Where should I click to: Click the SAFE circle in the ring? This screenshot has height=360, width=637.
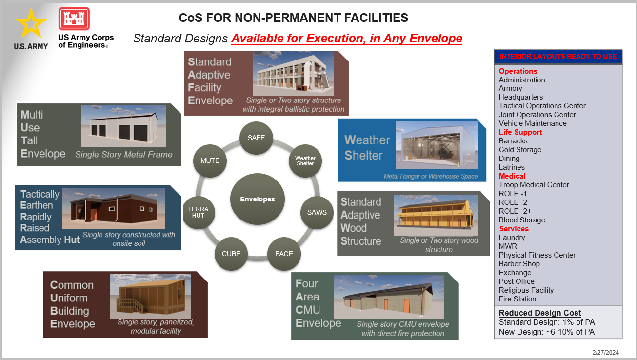(256, 138)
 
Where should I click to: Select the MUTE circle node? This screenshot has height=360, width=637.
(210, 160)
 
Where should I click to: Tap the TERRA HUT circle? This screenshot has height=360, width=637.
(198, 212)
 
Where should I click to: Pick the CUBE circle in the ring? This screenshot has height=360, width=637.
(231, 254)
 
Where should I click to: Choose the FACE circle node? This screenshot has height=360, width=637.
(284, 254)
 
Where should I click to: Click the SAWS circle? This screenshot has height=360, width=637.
(317, 212)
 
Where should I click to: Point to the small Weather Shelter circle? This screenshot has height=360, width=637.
(305, 161)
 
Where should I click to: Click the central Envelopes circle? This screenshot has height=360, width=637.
(257, 199)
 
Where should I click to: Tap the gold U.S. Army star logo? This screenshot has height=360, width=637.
(31, 23)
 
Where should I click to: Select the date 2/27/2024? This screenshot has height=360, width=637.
(605, 352)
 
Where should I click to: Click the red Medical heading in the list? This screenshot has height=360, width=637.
(512, 176)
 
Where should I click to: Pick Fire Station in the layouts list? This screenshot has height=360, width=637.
(518, 299)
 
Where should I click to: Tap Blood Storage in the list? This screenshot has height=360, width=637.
(522, 220)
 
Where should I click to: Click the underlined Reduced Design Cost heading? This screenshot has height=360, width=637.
(540, 313)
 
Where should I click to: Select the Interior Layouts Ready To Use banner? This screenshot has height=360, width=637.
(558, 56)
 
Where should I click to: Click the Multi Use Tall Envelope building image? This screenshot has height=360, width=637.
(124, 126)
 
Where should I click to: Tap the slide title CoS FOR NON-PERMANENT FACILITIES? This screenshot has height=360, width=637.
(294, 18)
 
